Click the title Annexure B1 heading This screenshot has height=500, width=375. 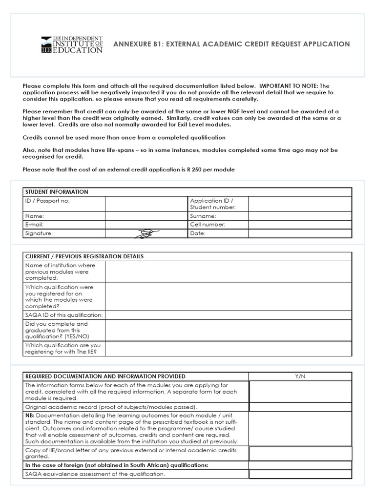[x=231, y=44]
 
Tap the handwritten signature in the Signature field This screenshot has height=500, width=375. [x=146, y=233]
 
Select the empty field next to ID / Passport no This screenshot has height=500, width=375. [x=146, y=204]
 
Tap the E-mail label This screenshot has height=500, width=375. [x=34, y=225]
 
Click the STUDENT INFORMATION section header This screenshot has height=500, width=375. [x=57, y=192]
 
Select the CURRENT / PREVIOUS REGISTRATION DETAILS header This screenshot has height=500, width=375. [x=84, y=256]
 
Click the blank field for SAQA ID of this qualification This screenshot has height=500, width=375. [x=228, y=315]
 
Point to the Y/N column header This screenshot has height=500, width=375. [x=300, y=376]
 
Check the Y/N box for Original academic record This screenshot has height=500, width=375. [x=300, y=407]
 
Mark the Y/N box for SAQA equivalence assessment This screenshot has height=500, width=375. [x=300, y=474]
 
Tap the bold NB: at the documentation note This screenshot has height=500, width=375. [x=30, y=415]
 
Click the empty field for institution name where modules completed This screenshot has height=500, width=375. [x=228, y=271]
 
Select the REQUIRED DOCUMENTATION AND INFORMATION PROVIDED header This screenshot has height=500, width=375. [x=105, y=376]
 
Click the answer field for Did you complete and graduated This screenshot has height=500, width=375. [x=228, y=330]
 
